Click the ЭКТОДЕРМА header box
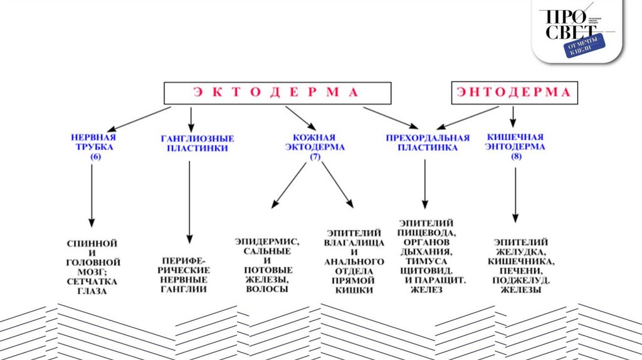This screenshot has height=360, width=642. tap(278, 93)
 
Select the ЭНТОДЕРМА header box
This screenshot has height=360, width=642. tap(513, 93)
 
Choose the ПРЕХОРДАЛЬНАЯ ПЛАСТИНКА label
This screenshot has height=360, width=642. tap(428, 142)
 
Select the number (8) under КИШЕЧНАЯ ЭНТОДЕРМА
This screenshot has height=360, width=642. tap(515, 156)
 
